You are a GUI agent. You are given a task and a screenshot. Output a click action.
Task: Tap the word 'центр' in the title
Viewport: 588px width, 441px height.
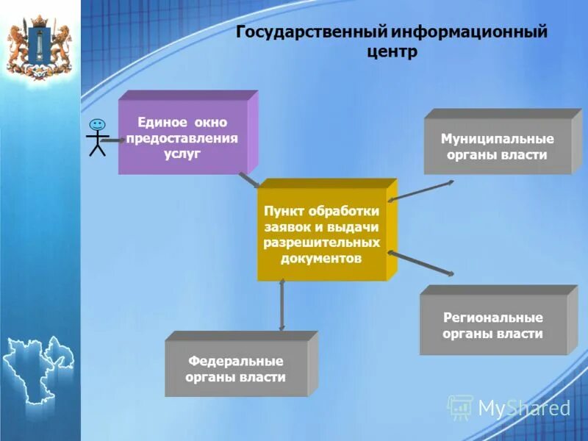391,52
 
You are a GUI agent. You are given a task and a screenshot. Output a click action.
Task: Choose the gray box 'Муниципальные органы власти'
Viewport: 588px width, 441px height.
497,146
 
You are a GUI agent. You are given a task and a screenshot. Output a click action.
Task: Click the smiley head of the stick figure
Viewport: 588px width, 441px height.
97,125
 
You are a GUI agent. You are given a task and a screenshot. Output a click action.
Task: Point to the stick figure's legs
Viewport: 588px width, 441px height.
97,148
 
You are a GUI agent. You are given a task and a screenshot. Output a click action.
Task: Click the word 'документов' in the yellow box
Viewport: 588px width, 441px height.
321,259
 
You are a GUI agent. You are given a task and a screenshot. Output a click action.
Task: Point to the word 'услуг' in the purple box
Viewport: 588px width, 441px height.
182,154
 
